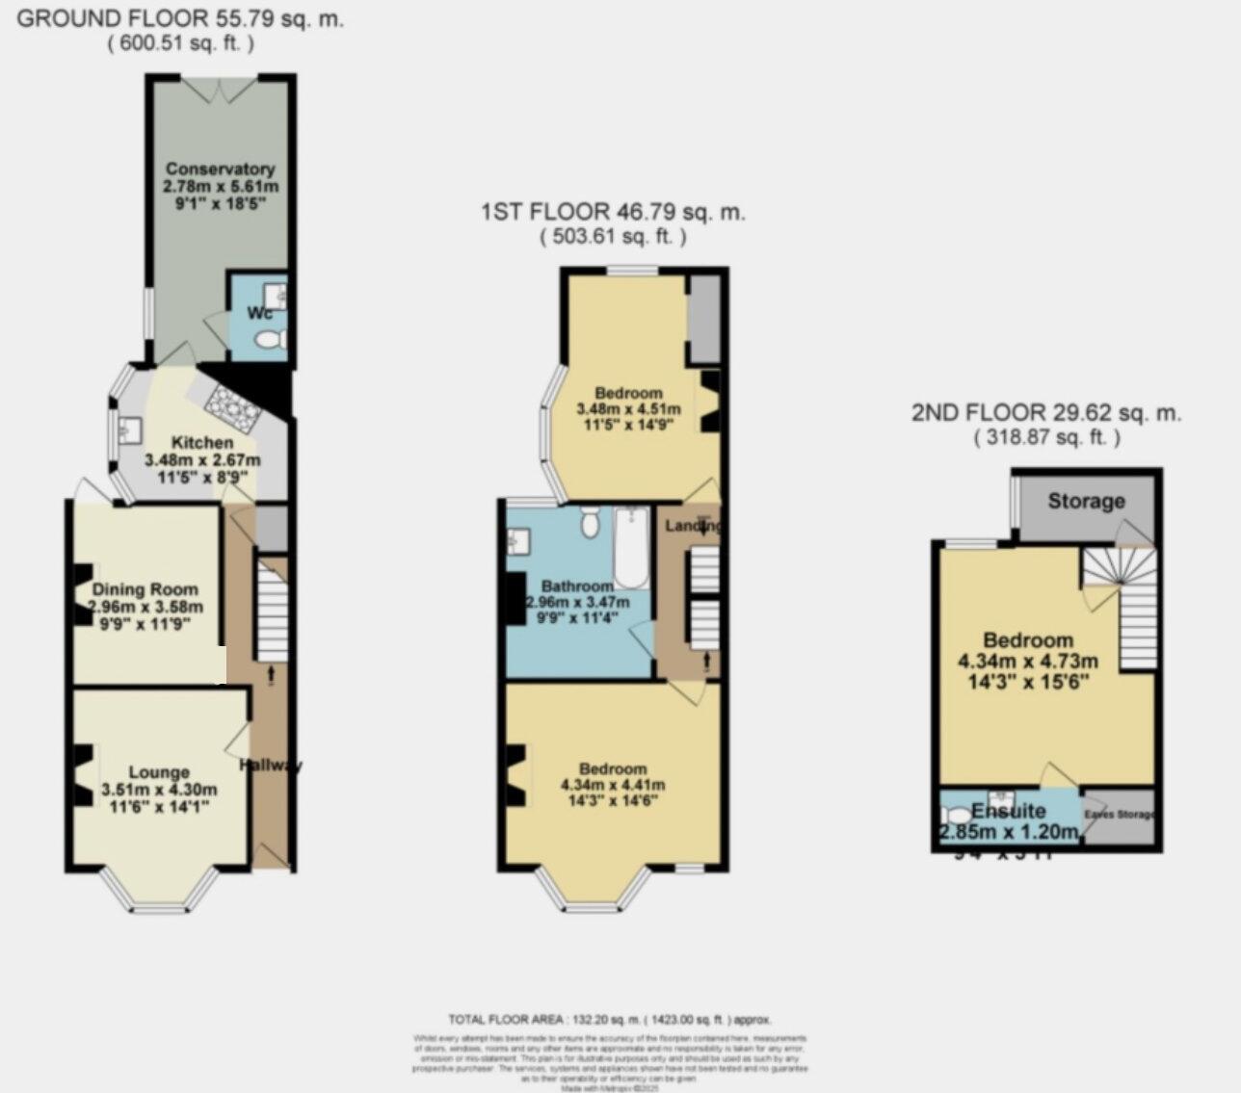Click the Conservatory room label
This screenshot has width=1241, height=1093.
coord(220,169)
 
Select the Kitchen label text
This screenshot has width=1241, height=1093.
coord(202,442)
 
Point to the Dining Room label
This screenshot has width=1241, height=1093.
coord(145,589)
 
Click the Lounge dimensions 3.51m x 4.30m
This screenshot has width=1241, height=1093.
coord(159,790)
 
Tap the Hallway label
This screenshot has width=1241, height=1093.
coord(270,766)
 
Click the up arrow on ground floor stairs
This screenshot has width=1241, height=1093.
coord(271,676)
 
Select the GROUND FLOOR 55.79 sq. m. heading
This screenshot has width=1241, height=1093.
coord(180,18)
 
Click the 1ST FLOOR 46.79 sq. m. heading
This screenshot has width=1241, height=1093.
coord(613,212)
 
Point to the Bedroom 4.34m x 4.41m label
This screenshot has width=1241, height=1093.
coord(613,768)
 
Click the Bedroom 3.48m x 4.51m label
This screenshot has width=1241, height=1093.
coord(628,393)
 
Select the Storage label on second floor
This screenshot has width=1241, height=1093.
coord(1086,501)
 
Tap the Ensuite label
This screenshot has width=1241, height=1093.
coord(1008,810)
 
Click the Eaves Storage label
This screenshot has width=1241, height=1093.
coord(1119,815)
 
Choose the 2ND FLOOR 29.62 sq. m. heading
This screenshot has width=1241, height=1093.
coord(1046,413)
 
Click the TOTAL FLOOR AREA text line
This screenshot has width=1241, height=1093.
coord(609,1019)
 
